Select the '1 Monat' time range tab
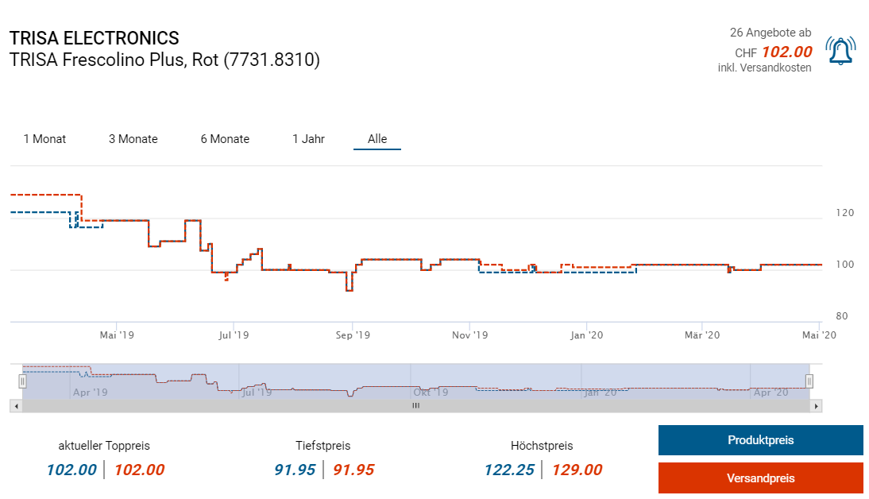44,139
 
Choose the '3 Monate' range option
133,139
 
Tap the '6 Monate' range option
225,139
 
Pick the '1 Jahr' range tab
308,139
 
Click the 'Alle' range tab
377,139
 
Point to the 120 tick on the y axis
844,213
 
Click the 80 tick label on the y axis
842,316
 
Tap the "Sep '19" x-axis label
353,335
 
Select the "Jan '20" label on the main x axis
587,335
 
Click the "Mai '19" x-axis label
117,335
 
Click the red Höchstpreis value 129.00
577,470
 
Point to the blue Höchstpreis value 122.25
509,470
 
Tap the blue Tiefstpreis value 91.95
295,470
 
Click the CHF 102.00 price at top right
786,52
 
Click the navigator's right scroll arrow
816,406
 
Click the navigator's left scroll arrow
15,406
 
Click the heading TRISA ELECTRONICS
95,38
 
